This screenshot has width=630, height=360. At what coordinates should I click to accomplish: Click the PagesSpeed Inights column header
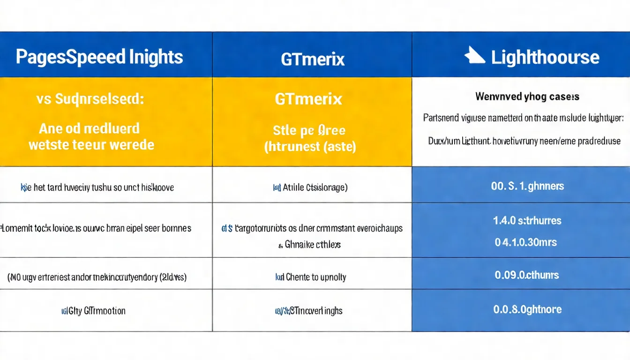(x=99, y=57)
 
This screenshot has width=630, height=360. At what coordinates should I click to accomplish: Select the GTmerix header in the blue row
(x=313, y=59)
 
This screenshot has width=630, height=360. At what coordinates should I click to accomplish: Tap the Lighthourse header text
(x=545, y=57)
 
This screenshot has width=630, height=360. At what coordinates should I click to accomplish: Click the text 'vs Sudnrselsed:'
(x=90, y=99)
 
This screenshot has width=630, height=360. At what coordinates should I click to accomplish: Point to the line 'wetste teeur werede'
(x=91, y=144)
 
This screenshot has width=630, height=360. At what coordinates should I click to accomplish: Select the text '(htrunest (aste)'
(x=310, y=147)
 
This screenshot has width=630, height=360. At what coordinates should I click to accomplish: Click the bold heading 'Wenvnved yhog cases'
(x=527, y=97)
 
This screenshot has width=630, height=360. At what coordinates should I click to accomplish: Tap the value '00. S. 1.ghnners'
(x=527, y=186)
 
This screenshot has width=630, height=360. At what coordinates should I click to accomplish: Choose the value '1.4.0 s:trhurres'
(x=527, y=220)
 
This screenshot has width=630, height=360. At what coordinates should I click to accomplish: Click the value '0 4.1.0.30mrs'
(x=526, y=242)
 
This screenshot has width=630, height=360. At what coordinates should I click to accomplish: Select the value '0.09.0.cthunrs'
(x=527, y=275)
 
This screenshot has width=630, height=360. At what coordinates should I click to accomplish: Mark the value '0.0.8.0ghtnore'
(x=527, y=309)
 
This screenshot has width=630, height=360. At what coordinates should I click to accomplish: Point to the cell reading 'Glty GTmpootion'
(x=97, y=311)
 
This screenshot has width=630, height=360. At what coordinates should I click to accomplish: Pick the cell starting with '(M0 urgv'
(x=97, y=277)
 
